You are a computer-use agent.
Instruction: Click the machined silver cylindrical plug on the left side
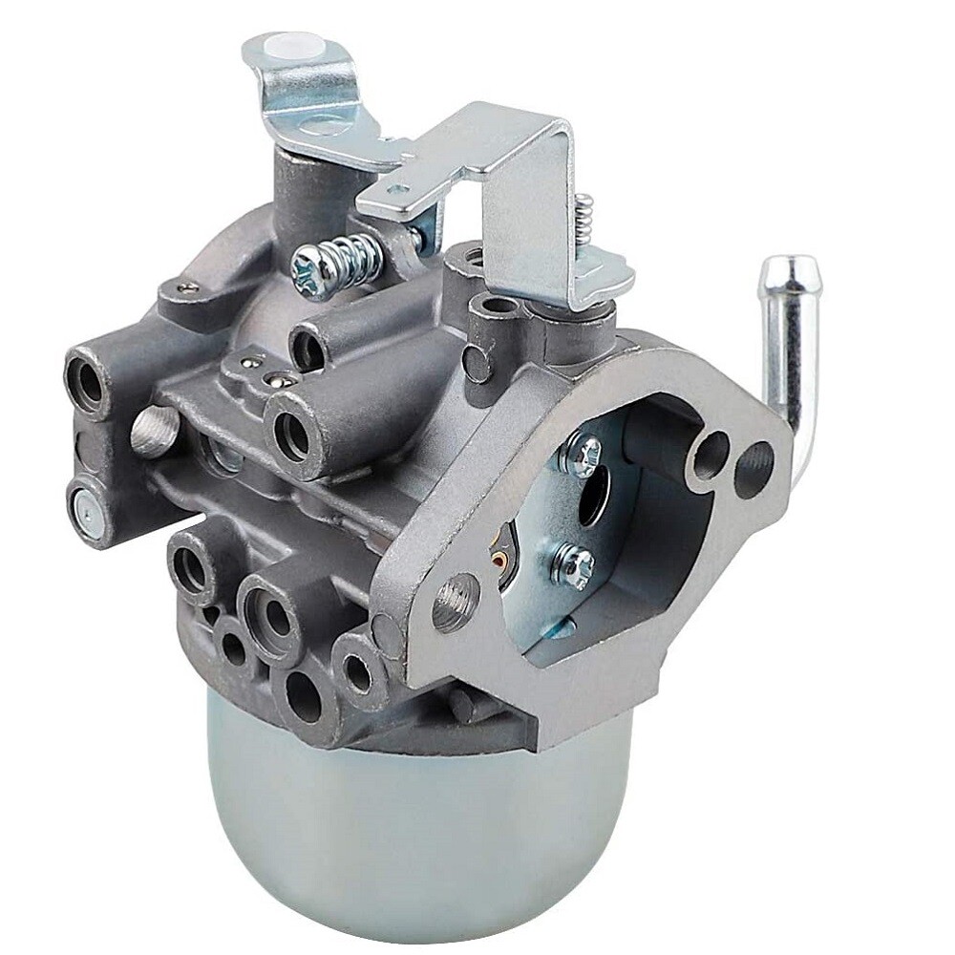coord(152,431)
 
